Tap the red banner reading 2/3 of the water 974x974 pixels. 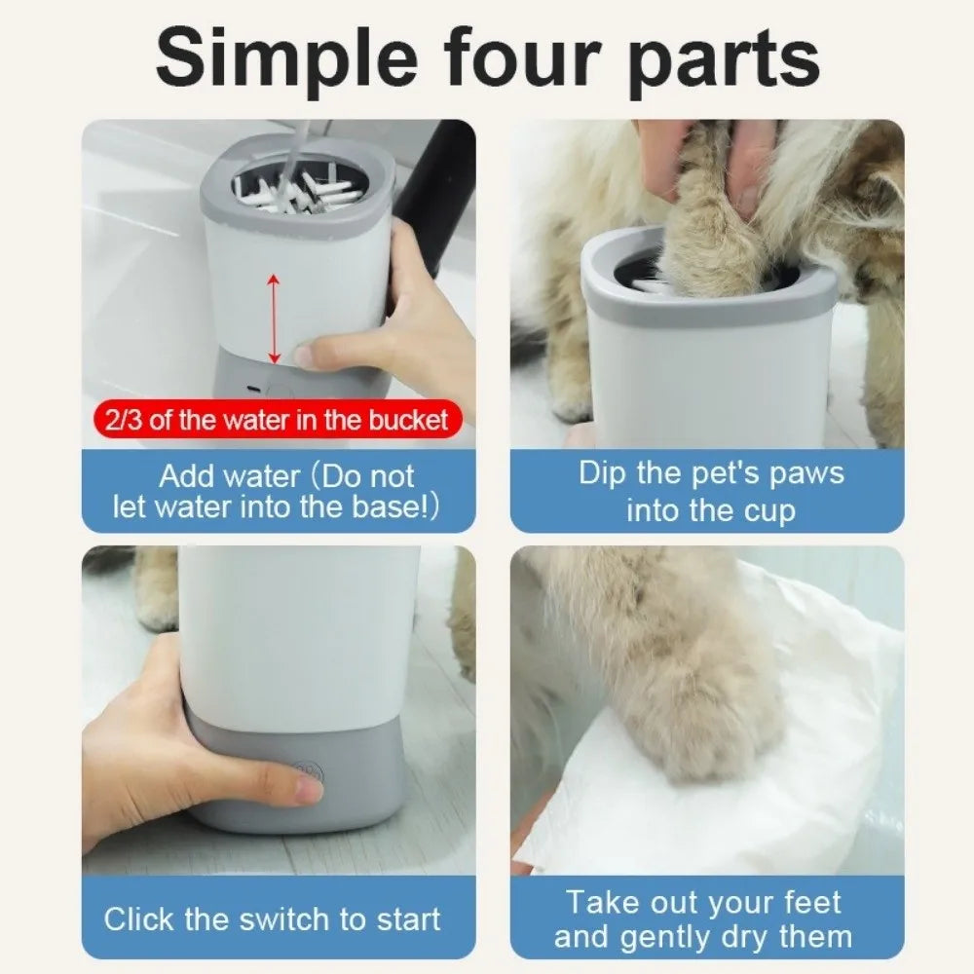[x=272, y=420]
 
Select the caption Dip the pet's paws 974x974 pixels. [x=711, y=491]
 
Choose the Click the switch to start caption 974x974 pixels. [x=272, y=918]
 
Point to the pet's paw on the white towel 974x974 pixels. [x=716, y=721]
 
